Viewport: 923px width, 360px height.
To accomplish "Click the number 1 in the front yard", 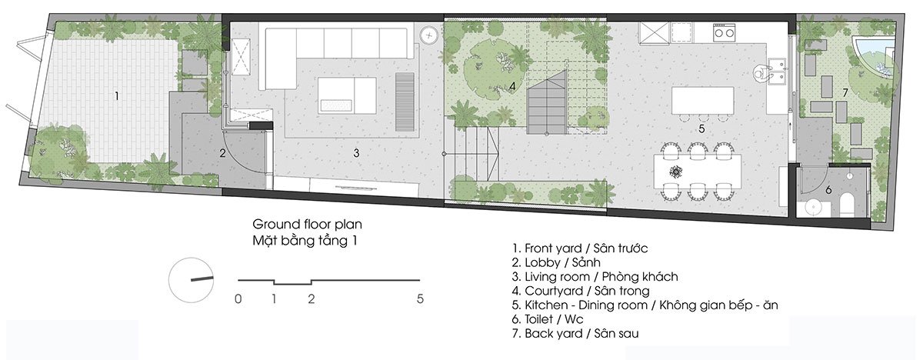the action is point(117,96).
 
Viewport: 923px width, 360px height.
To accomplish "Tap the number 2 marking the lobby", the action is point(222,154).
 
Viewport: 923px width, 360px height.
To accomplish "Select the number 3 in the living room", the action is point(356,153).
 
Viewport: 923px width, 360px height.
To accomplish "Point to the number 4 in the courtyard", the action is point(512,86).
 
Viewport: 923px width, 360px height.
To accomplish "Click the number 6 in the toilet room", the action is point(828,190).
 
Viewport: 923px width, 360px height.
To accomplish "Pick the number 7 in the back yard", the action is point(845,93).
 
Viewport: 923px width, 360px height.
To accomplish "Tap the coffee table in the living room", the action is point(347,95).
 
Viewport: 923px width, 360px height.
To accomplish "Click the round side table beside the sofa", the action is point(429,35).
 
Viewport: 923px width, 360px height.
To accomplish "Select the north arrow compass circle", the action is point(192,280).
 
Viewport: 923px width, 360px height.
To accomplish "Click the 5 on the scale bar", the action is point(420,298).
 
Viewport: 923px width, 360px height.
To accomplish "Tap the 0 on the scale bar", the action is point(238,298).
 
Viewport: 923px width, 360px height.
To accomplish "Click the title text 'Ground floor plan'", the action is point(308,225).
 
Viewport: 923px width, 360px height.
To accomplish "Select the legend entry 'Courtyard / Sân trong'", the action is point(581,291).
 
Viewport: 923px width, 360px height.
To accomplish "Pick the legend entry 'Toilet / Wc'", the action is point(548,319).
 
